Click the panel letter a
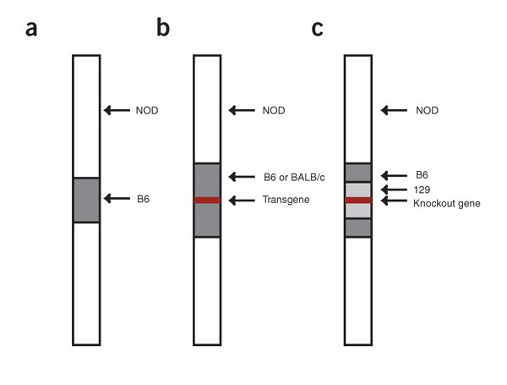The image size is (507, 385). point(32,29)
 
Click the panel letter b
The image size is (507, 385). point(163,29)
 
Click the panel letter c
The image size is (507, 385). point(317,29)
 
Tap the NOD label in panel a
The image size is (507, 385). point(146,110)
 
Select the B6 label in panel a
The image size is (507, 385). point(142,199)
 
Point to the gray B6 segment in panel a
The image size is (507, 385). point(86,200)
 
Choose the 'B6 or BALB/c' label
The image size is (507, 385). point(291,177)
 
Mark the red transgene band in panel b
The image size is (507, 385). point(207,201)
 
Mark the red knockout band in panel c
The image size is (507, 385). point(358,201)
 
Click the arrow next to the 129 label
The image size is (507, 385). point(393,190)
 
